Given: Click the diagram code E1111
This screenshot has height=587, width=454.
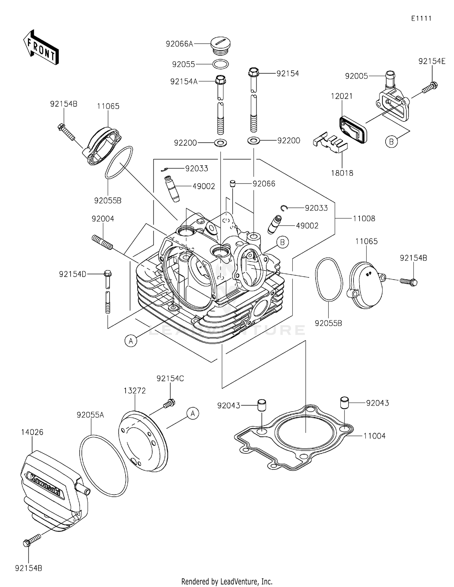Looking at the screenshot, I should (421, 18).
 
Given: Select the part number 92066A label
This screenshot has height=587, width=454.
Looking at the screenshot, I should (179, 44).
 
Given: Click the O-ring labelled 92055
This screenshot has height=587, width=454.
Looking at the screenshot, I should (221, 64).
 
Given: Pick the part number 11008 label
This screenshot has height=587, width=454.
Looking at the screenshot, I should (364, 218).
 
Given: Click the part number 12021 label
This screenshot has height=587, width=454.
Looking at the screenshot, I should (342, 96).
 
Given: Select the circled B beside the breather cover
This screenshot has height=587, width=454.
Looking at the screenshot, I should (391, 141).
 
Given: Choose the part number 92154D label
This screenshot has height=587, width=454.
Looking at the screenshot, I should (73, 274).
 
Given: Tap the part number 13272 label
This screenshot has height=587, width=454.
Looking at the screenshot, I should (135, 390).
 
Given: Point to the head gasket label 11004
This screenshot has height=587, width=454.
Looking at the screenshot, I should (374, 436).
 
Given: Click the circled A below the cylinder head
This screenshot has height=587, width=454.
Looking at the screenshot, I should (131, 341).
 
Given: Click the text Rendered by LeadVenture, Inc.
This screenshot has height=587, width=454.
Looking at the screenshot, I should (227, 581).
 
